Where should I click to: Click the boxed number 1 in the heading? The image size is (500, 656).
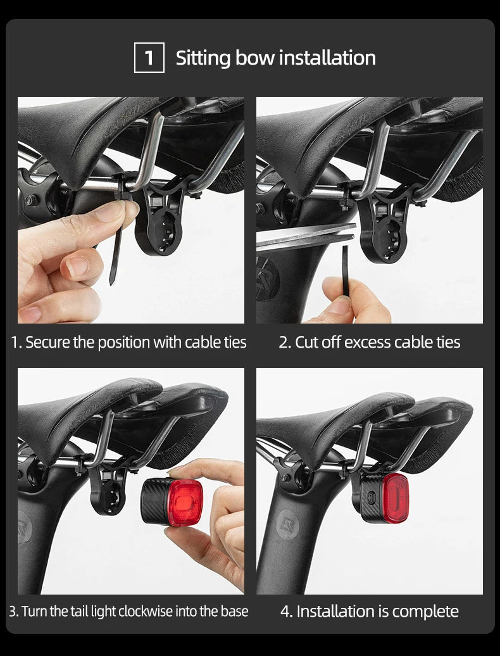(149, 58)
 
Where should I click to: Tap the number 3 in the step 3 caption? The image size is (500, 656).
(13, 611)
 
